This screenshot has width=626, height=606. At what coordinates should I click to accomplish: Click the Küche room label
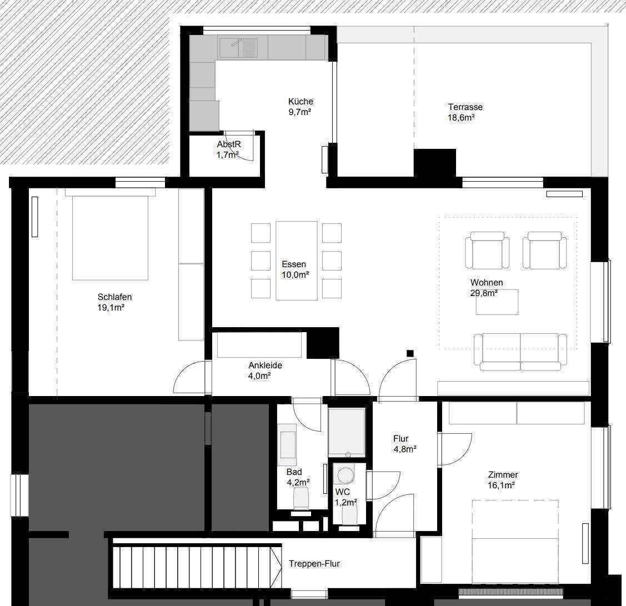301,102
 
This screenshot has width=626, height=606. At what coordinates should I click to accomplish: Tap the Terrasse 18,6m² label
465,112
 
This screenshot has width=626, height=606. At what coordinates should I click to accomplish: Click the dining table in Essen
296,261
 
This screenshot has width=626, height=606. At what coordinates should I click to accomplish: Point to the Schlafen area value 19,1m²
111,307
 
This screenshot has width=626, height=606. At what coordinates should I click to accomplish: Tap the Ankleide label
265,365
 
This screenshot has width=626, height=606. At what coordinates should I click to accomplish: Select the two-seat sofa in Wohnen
520,352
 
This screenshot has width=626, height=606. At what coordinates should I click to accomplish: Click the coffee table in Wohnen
497,302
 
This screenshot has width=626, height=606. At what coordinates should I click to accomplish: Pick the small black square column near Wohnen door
409,353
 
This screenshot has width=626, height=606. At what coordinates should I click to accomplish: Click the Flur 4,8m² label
405,444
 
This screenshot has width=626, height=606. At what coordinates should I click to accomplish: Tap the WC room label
343,492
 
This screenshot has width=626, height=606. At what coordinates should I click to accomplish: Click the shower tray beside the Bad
347,432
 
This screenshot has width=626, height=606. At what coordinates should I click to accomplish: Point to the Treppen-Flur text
314,563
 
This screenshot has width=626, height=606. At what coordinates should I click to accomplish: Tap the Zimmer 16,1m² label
503,480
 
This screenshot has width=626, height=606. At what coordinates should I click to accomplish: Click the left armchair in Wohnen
487,251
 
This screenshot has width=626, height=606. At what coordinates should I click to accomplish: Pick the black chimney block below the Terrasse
434,163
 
